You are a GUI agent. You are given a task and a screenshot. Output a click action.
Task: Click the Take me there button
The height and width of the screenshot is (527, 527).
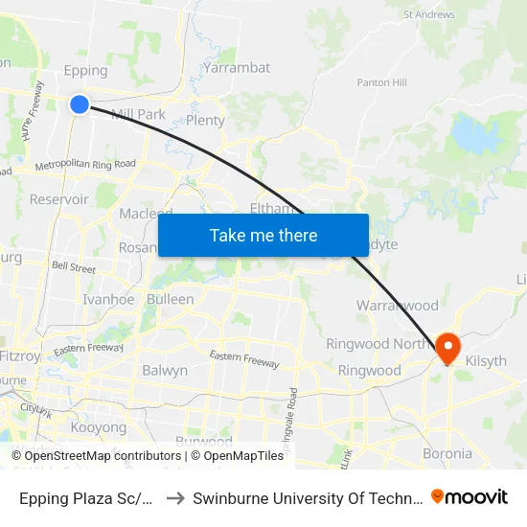coord(263,235)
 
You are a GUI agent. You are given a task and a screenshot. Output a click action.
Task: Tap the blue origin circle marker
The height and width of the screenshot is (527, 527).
coord(80,104)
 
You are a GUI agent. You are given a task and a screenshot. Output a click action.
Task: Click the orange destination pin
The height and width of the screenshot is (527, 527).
coord(447,346)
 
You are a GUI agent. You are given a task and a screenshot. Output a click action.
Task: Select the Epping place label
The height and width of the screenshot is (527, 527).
coord(84,71)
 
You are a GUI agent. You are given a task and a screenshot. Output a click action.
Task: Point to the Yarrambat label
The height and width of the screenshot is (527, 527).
coord(237,68)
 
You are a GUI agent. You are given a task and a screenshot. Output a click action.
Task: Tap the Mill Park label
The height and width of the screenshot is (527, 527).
coord(139,114)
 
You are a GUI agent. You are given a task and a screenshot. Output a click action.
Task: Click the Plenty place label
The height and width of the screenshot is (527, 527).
coord(205,121)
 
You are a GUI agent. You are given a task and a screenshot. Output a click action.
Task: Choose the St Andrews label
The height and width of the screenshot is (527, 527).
coord(428,14)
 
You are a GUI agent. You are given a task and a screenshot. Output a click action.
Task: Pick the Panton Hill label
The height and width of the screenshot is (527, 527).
coord(381,82)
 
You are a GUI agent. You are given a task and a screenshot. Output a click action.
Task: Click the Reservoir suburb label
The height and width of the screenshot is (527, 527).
coord(59,199)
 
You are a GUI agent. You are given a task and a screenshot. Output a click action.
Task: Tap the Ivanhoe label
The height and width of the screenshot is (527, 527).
coord(108,299)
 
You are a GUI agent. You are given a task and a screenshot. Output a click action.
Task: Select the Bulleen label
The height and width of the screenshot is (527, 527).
coord(171,299)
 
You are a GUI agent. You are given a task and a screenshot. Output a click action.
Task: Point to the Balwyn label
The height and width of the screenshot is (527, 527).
coord(165,370)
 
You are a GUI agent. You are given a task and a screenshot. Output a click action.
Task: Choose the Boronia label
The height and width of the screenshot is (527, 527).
coord(447,453)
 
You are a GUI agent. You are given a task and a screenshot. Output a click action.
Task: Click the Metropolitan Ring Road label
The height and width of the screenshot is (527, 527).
coord(84,165)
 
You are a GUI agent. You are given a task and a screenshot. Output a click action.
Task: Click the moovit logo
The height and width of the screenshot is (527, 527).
coord(470,496)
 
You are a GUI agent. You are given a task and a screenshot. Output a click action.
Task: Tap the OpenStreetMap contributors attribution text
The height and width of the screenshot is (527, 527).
coord(81,456)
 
